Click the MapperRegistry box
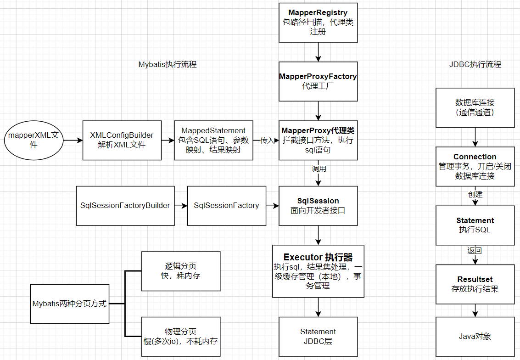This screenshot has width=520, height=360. (318, 22)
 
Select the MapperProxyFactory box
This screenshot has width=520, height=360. (318, 81)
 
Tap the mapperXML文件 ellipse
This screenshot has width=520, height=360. (34, 140)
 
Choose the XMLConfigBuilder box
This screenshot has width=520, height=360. (122, 140)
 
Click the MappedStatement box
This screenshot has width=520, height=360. (213, 140)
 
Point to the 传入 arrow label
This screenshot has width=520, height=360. (267, 141)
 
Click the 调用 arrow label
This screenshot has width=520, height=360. (319, 169)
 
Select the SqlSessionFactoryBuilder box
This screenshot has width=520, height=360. (125, 206)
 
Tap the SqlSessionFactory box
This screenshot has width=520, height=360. (227, 206)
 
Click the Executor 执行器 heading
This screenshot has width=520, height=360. (318, 257)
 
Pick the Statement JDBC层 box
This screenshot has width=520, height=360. (318, 337)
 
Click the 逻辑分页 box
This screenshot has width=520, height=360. (181, 271)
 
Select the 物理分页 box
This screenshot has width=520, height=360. (181, 337)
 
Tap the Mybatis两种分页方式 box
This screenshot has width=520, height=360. (70, 304)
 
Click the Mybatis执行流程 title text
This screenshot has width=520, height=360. (168, 64)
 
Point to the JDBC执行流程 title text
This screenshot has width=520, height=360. (475, 64)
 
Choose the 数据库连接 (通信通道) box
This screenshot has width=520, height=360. (475, 107)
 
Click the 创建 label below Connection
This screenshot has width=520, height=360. (475, 194)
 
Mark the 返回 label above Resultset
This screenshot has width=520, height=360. (475, 251)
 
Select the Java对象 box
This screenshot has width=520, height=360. (475, 337)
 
